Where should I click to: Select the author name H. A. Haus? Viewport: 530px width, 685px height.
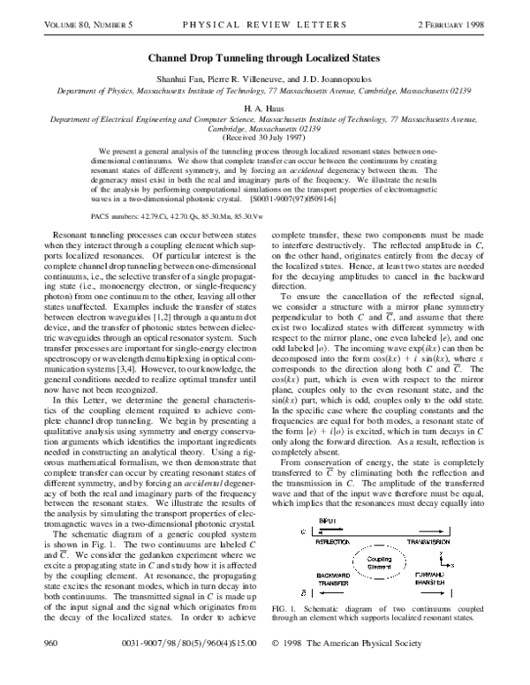pos(264,104)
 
